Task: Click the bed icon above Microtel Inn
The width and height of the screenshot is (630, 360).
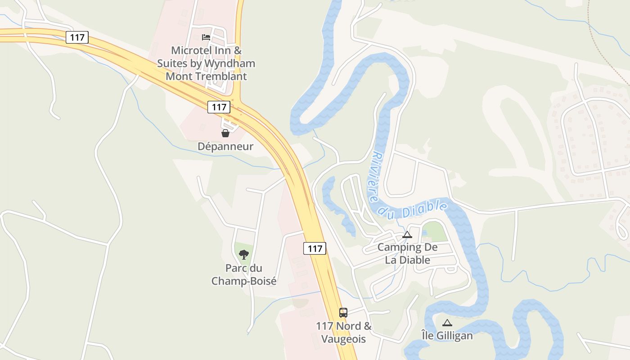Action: (206, 37)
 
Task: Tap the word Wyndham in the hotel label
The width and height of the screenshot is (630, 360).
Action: (229, 63)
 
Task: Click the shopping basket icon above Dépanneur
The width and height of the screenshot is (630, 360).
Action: (225, 133)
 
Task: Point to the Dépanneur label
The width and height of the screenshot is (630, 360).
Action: (225, 146)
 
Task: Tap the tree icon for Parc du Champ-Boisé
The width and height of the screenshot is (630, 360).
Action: (244, 255)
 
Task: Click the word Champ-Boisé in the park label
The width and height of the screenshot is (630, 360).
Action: (244, 281)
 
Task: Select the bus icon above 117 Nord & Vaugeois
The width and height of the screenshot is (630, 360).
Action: (343, 312)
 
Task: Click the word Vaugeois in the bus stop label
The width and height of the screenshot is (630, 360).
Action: (343, 339)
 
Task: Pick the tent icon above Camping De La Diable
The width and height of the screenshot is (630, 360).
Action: (407, 234)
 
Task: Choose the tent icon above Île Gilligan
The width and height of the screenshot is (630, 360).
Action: (447, 323)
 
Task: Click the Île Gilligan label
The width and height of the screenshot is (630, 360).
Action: (447, 336)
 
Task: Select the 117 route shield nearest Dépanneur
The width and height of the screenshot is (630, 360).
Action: (219, 107)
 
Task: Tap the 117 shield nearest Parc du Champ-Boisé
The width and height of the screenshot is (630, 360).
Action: (315, 248)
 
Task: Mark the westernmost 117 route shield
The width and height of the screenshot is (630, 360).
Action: (77, 37)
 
